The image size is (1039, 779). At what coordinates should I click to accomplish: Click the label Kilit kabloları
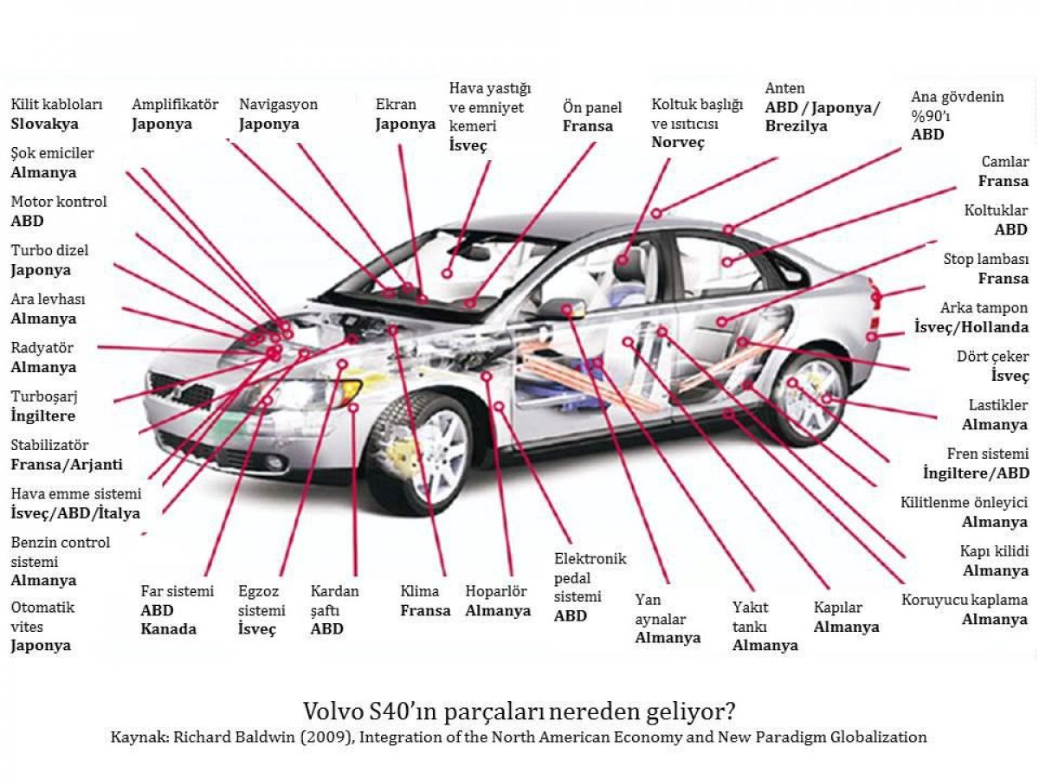click(56, 104)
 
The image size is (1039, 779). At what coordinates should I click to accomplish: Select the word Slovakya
click(44, 124)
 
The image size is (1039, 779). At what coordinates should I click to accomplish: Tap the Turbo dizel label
click(49, 250)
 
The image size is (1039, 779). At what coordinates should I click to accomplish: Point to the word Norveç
click(678, 142)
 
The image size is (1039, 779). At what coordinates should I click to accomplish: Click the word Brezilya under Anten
click(797, 126)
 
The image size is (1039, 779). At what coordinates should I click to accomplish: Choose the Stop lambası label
click(986, 259)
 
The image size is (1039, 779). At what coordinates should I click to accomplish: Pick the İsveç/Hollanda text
click(971, 327)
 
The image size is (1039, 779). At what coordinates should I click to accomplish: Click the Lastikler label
click(998, 405)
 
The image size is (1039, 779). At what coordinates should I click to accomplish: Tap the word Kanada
click(169, 629)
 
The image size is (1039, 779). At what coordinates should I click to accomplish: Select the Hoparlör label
click(496, 591)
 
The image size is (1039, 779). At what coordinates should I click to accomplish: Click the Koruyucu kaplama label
click(965, 600)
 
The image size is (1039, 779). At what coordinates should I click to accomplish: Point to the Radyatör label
click(42, 348)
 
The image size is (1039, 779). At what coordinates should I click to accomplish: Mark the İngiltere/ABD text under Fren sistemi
click(976, 473)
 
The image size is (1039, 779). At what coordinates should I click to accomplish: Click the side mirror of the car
click(564, 309)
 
